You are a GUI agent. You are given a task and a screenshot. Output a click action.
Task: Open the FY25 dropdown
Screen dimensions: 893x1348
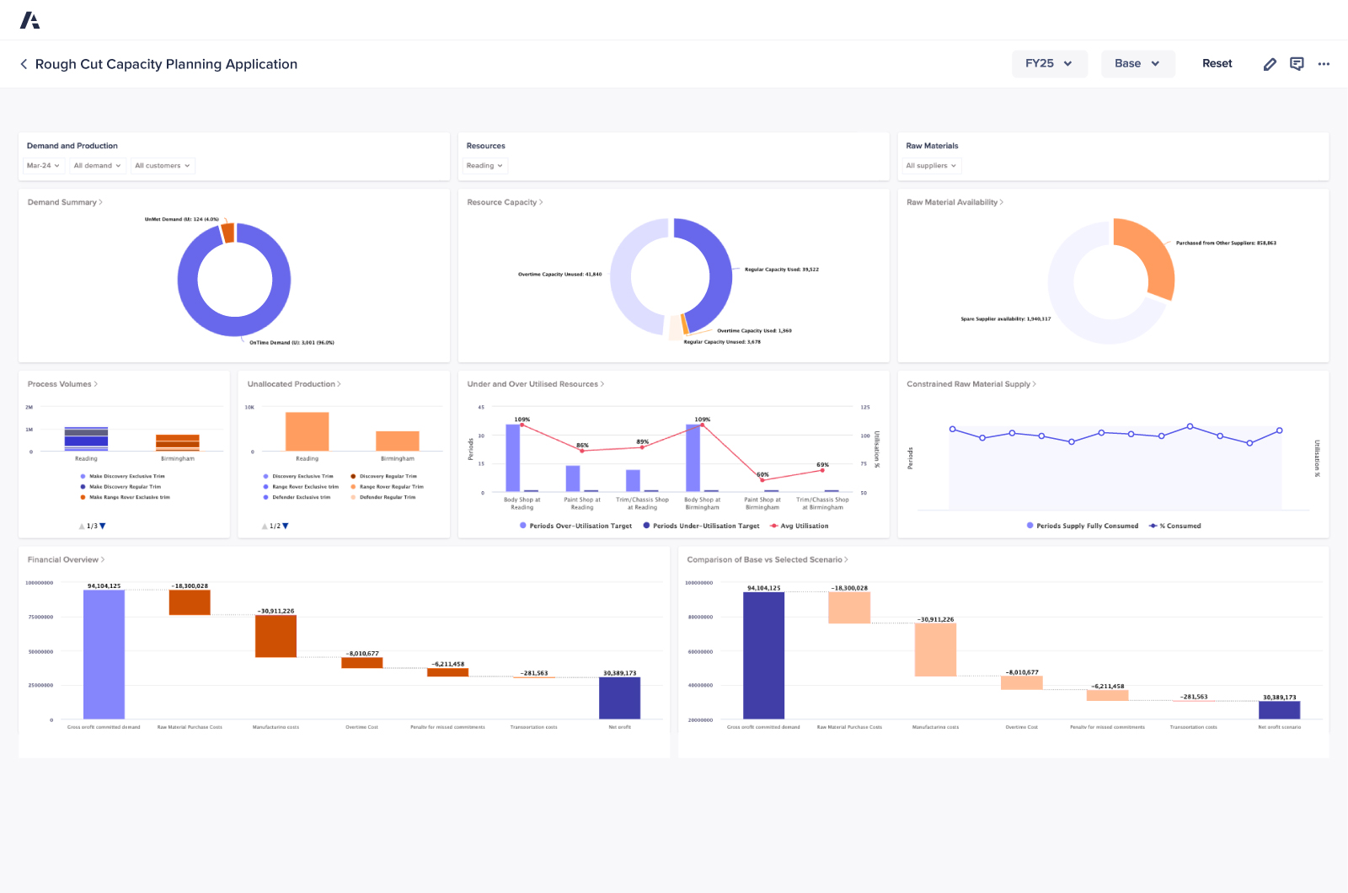[x=1049, y=64]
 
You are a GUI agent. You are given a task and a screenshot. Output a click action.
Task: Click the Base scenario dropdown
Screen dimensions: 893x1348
[x=1137, y=64]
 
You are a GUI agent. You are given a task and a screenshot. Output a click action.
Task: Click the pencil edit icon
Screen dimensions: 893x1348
[x=1270, y=64]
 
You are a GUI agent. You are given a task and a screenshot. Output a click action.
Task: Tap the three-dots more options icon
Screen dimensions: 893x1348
[x=1324, y=64]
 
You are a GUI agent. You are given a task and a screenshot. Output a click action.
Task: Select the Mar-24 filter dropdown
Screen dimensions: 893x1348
[x=43, y=166]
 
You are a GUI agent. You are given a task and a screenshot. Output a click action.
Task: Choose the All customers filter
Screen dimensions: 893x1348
[x=162, y=166]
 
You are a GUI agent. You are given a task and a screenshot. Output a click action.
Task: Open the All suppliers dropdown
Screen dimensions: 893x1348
[x=931, y=166]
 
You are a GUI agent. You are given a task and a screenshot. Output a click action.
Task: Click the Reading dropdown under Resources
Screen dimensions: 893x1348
[x=484, y=166]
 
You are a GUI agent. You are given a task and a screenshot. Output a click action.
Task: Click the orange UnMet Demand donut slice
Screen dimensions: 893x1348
[x=227, y=233]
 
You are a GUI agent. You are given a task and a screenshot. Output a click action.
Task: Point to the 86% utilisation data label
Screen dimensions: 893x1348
[x=582, y=445]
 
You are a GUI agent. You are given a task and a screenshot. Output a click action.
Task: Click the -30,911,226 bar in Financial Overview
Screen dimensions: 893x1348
[x=275, y=636]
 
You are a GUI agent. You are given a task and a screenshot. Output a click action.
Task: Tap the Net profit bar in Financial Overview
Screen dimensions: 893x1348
[x=619, y=698]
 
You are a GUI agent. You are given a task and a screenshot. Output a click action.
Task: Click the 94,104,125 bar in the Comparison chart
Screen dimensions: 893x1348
[x=763, y=655]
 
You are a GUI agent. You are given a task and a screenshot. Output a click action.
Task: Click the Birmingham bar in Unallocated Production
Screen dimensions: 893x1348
[x=397, y=441]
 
